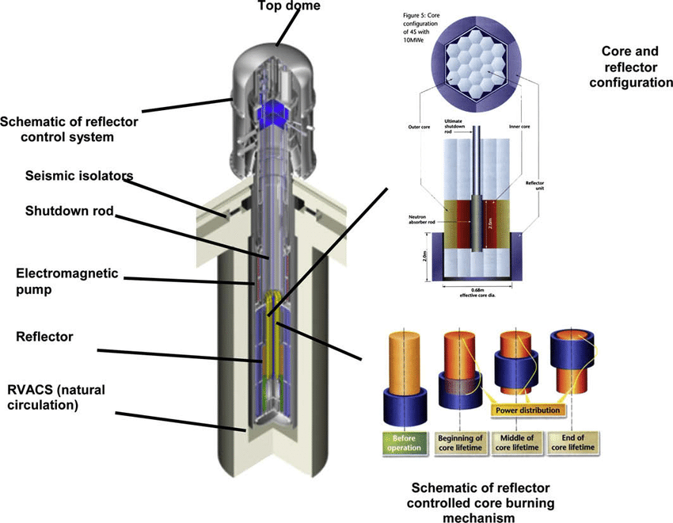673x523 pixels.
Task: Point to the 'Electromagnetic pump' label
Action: tap(67, 281)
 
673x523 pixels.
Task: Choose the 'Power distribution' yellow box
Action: tap(527, 410)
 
